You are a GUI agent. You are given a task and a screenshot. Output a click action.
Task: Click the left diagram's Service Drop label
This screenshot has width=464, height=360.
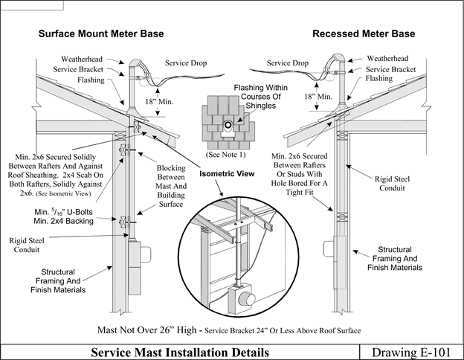click(x=186, y=63)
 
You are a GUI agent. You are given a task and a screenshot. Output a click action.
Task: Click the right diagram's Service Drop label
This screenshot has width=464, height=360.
click(x=287, y=63)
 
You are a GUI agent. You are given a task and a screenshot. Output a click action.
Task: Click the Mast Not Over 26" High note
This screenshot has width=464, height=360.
click(x=231, y=328)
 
